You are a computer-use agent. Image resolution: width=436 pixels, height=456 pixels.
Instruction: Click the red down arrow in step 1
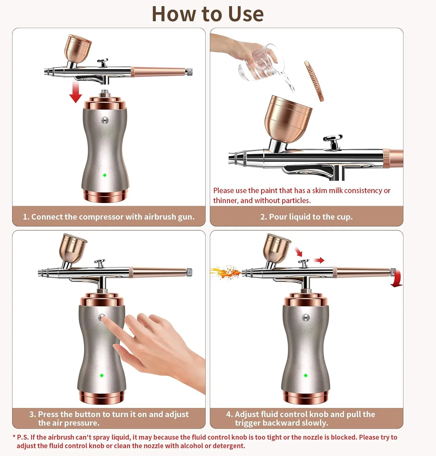76,92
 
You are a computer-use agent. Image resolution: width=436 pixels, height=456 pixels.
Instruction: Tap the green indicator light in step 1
105,175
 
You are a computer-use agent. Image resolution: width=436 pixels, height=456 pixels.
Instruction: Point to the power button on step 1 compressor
105,121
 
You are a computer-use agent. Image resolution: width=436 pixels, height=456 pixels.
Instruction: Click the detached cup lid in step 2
314,81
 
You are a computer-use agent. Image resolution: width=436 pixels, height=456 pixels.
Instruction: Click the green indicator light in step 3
102,375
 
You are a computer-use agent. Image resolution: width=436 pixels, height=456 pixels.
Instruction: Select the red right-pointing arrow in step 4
319,260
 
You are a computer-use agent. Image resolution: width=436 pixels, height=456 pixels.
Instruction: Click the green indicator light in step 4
306,375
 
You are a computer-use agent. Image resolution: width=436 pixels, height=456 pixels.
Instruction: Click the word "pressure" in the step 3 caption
80,423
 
